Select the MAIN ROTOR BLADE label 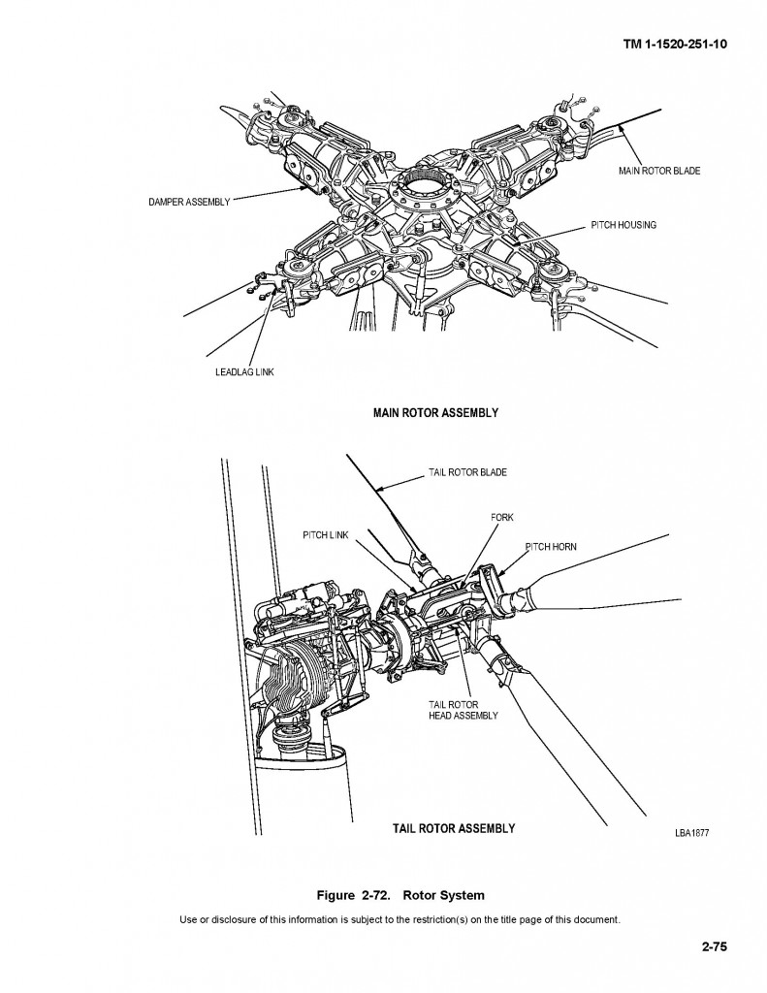[658, 171]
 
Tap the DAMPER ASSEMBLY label [190, 202]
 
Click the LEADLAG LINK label [244, 373]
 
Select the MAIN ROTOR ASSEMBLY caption [435, 412]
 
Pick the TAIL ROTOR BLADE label [467, 473]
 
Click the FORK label [501, 518]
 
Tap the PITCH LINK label [326, 535]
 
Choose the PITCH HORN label [550, 547]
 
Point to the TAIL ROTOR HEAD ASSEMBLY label [463, 710]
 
